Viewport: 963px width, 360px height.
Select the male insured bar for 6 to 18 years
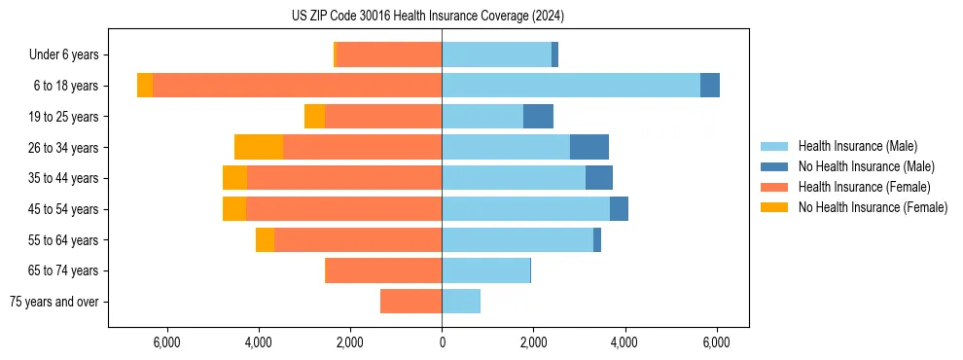[x=571, y=86]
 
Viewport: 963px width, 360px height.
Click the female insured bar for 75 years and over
[x=410, y=302]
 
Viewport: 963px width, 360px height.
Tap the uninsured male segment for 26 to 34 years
[x=589, y=147]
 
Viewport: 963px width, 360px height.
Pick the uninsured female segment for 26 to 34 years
[x=259, y=147]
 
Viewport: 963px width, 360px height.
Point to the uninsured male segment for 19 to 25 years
[x=538, y=117]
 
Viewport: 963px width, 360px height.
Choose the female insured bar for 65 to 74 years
[x=383, y=270]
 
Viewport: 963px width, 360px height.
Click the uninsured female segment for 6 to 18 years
[x=145, y=86]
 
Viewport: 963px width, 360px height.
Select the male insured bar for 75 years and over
[x=461, y=302]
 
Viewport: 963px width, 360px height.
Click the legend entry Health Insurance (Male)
[x=857, y=146]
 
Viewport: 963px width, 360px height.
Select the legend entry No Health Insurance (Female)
[x=873, y=207]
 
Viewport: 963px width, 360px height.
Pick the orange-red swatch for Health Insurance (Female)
[x=774, y=187]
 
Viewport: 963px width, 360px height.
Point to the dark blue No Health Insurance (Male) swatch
[x=774, y=166]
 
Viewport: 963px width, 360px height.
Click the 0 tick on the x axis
[x=442, y=342]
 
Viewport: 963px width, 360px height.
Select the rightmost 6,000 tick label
[x=716, y=342]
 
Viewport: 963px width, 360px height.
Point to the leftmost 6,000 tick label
[x=167, y=342]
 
